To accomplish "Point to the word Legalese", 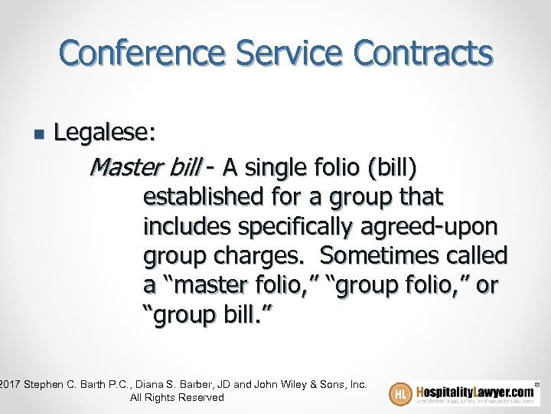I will (x=106, y=133).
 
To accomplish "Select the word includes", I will (x=187, y=226).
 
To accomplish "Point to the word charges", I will (x=257, y=256).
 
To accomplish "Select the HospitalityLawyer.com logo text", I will (x=474, y=391).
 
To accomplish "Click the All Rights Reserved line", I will (x=177, y=397).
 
